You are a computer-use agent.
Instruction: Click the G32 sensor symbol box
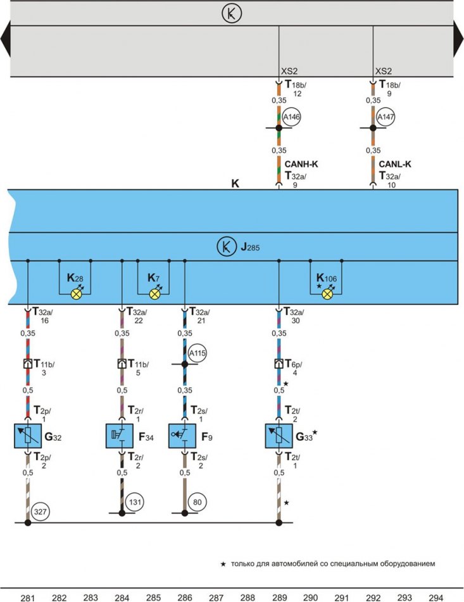pos(28,436)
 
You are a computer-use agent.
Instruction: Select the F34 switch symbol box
pos(120,436)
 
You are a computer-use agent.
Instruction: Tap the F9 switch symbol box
pos(182,436)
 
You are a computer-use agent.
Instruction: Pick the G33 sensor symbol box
pos(279,436)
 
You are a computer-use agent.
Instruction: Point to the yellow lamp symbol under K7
pos(154,295)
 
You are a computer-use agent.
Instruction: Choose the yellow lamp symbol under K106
pos(327,295)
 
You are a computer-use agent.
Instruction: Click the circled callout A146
pos(291,117)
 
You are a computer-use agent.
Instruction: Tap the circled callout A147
pos(386,117)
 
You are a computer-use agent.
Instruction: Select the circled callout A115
pos(198,353)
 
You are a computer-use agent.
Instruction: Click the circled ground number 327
pos(41,512)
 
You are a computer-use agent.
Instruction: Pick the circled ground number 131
pos(135,502)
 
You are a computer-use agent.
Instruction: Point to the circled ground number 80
pos(198,502)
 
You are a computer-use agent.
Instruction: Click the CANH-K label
pos(301,164)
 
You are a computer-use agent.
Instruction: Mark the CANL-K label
pos(395,164)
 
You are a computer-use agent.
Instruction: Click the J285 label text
pos(250,247)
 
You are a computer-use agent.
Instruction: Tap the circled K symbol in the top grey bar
pos(232,13)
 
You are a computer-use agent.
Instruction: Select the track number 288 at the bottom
pos(248,598)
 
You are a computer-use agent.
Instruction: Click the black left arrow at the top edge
pos(6,39)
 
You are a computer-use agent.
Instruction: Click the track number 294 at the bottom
pos(436,598)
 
